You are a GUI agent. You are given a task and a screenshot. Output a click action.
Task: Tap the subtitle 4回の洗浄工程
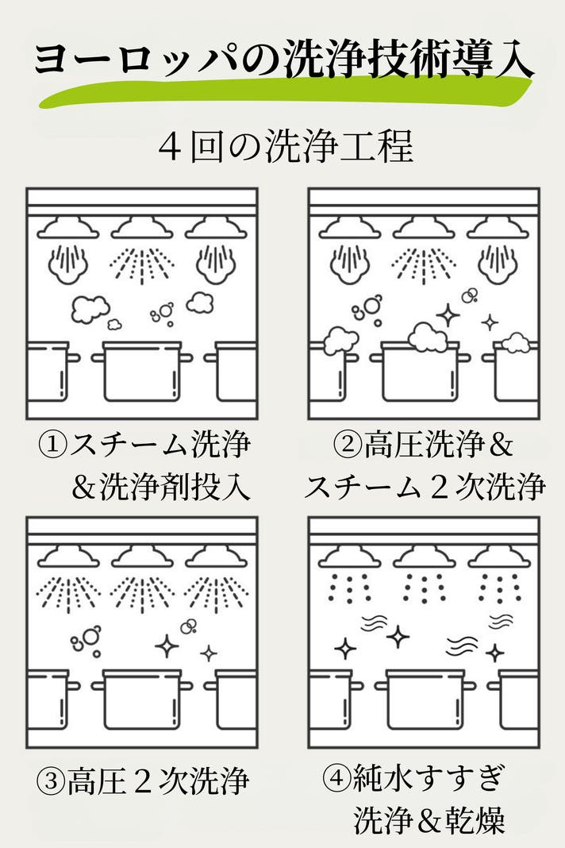(286, 145)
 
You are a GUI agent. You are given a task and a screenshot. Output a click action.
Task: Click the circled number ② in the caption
(348, 445)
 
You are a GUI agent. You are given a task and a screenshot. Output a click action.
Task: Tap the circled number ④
(336, 777)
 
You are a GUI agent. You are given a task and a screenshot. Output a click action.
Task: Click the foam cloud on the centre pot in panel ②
(429, 337)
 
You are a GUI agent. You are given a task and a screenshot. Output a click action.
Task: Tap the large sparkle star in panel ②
(448, 315)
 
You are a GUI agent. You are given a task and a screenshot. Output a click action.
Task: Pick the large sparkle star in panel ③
(167, 646)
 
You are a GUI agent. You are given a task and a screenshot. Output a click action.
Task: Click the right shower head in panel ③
(216, 557)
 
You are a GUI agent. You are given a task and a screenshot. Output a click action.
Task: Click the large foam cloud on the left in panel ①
(90, 309)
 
